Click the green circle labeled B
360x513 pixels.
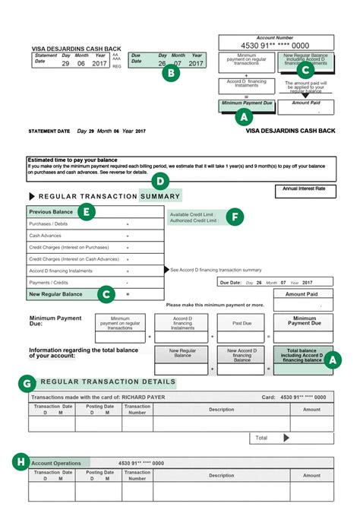click(x=172, y=74)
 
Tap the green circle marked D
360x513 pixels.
click(x=160, y=180)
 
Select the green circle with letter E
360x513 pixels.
click(x=87, y=212)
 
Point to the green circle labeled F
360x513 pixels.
click(x=236, y=217)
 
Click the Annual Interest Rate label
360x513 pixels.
click(x=304, y=187)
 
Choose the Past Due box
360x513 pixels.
click(x=242, y=322)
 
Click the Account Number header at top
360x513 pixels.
click(x=276, y=36)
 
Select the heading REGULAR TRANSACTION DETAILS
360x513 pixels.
click(x=107, y=382)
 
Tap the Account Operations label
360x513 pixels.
click(x=57, y=462)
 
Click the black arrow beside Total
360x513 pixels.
click(x=286, y=438)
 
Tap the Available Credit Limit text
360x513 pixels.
click(x=193, y=214)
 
